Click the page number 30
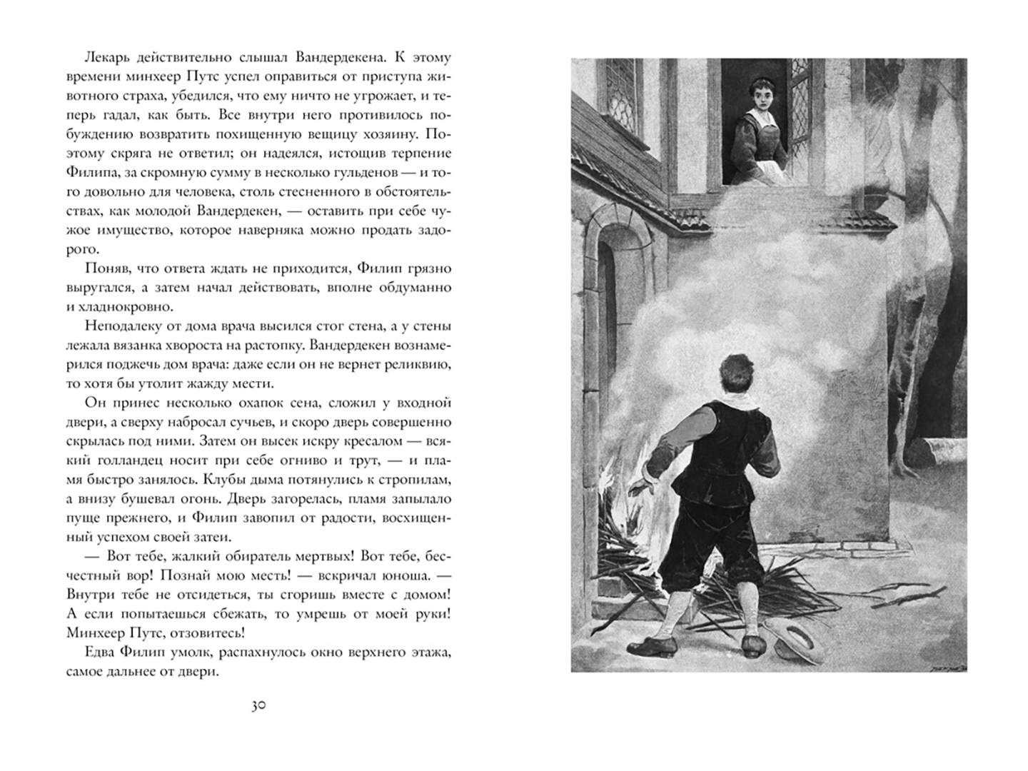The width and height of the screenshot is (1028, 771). click(258, 706)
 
